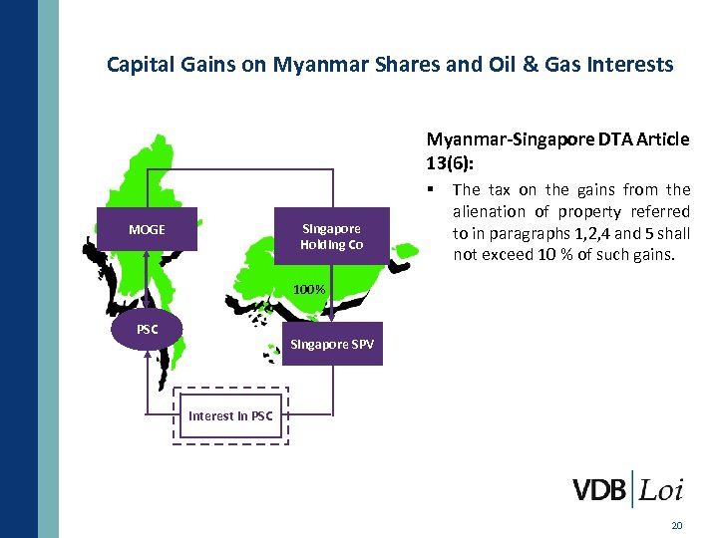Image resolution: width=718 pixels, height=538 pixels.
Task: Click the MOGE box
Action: tap(147, 230)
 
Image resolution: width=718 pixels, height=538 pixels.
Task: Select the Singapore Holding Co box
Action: tap(332, 237)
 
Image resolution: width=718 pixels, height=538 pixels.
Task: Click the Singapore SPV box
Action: tap(332, 344)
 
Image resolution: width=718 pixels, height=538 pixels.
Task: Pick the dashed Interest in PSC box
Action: tap(230, 415)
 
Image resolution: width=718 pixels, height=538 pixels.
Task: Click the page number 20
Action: tap(677, 525)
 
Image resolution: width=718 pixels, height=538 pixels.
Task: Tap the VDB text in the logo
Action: tap(599, 490)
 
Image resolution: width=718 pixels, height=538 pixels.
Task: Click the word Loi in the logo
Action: tap(661, 490)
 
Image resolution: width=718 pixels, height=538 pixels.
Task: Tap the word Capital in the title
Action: tap(141, 66)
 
